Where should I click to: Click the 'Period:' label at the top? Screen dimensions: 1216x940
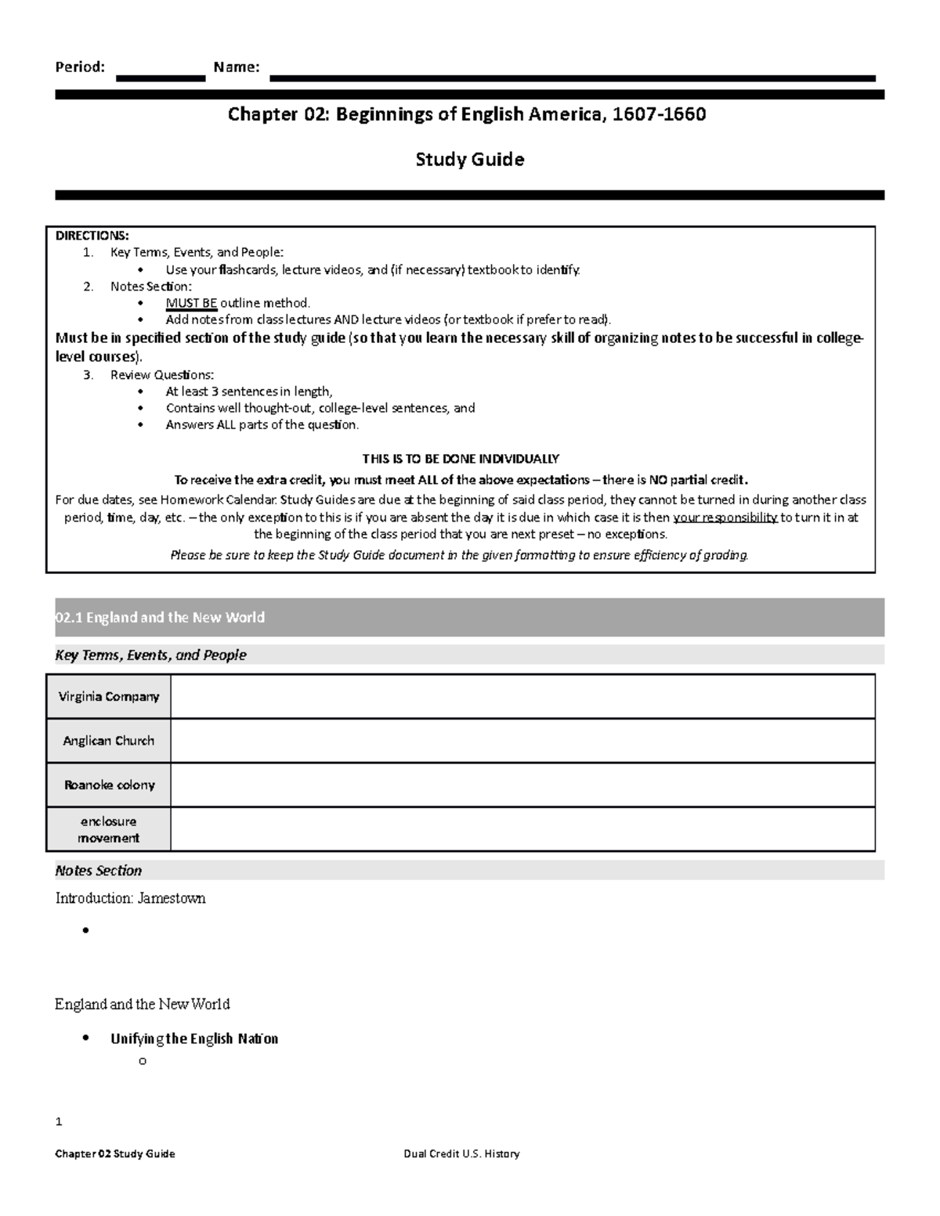(79, 67)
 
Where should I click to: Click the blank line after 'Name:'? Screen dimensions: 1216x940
(572, 78)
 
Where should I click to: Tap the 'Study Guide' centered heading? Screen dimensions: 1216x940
(469, 160)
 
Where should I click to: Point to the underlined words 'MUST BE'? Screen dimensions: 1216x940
(191, 303)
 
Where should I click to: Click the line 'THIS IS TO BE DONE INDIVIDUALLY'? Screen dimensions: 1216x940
(461, 459)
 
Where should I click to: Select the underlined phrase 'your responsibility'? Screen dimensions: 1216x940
(725, 518)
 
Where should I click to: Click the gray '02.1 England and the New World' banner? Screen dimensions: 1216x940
(469, 618)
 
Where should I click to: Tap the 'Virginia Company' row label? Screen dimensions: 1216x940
(110, 697)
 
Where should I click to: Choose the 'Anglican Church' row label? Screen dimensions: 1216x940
(109, 741)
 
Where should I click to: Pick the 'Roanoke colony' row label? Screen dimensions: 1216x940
(110, 785)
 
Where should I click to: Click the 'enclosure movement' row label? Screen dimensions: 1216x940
(109, 830)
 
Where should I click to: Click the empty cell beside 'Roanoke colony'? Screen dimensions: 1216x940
(522, 785)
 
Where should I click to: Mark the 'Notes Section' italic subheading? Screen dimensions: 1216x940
(99, 871)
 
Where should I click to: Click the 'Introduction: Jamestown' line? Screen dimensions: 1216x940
(130, 899)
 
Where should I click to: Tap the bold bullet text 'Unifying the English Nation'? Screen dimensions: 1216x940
(194, 1039)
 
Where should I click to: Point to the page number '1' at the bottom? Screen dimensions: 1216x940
(59, 1122)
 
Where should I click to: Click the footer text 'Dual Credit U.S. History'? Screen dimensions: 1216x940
(461, 1154)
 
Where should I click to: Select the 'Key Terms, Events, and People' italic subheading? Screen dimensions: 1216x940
(150, 655)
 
